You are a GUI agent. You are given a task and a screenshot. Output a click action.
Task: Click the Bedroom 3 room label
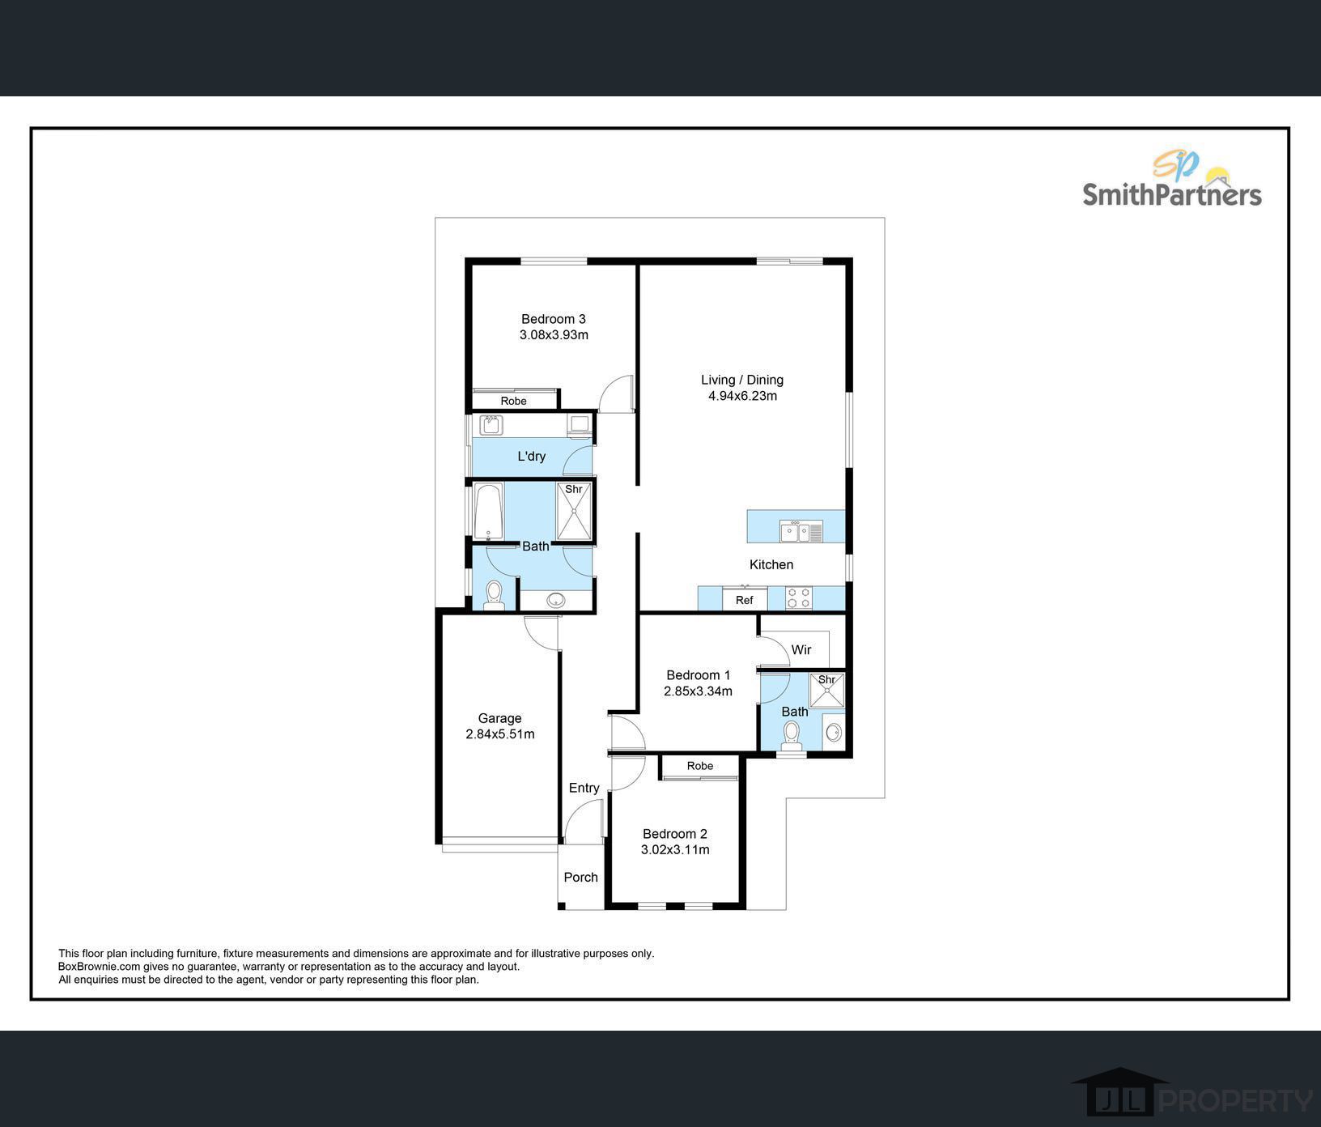tap(554, 319)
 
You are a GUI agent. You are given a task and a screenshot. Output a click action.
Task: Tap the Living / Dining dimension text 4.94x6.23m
tap(742, 396)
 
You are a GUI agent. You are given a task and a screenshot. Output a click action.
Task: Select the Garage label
tap(499, 718)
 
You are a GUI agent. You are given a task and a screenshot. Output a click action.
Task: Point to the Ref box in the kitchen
tap(745, 600)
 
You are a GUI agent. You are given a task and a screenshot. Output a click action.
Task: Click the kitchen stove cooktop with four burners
tap(800, 598)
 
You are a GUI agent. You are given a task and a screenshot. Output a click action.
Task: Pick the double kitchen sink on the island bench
tap(801, 532)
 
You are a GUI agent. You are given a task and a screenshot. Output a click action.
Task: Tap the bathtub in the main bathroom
tap(488, 512)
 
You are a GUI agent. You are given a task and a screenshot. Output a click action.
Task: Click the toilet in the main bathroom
tap(495, 595)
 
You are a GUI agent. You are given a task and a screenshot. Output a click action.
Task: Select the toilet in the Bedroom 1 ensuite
tap(791, 734)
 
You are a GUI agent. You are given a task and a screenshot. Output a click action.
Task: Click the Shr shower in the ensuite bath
tap(827, 691)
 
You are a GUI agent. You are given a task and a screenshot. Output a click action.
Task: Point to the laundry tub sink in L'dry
tap(491, 425)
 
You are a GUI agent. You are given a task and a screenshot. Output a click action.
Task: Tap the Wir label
tap(801, 649)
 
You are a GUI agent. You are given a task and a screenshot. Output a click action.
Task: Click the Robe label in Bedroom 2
tap(700, 766)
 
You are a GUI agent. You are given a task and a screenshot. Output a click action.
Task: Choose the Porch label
tap(581, 877)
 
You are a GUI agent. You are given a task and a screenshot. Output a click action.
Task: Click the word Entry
tap(584, 788)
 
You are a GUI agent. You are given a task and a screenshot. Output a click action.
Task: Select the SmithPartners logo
tap(1172, 180)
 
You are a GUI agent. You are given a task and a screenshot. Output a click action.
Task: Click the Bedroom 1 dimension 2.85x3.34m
tap(698, 691)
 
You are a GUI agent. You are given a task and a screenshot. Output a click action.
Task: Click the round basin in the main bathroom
tap(556, 600)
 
